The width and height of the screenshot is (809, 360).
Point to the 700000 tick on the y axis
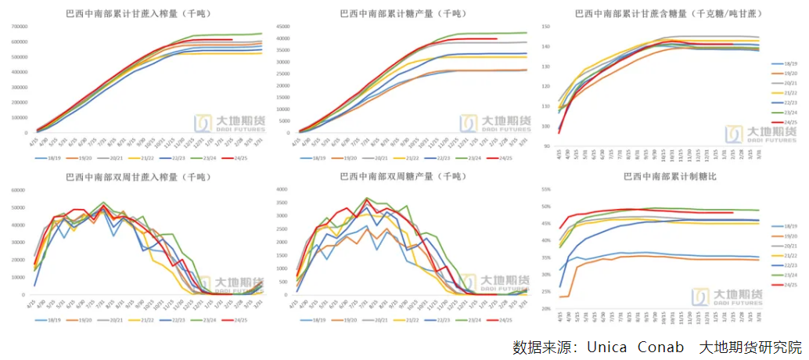tap(18, 27)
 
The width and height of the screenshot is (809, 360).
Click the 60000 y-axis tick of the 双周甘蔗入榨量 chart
tap(20, 189)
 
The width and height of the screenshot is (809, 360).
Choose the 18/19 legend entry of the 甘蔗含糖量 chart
tap(789, 63)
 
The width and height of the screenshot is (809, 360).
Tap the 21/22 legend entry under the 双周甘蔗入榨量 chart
tap(146, 320)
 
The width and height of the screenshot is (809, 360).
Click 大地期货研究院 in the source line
tap(750, 346)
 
